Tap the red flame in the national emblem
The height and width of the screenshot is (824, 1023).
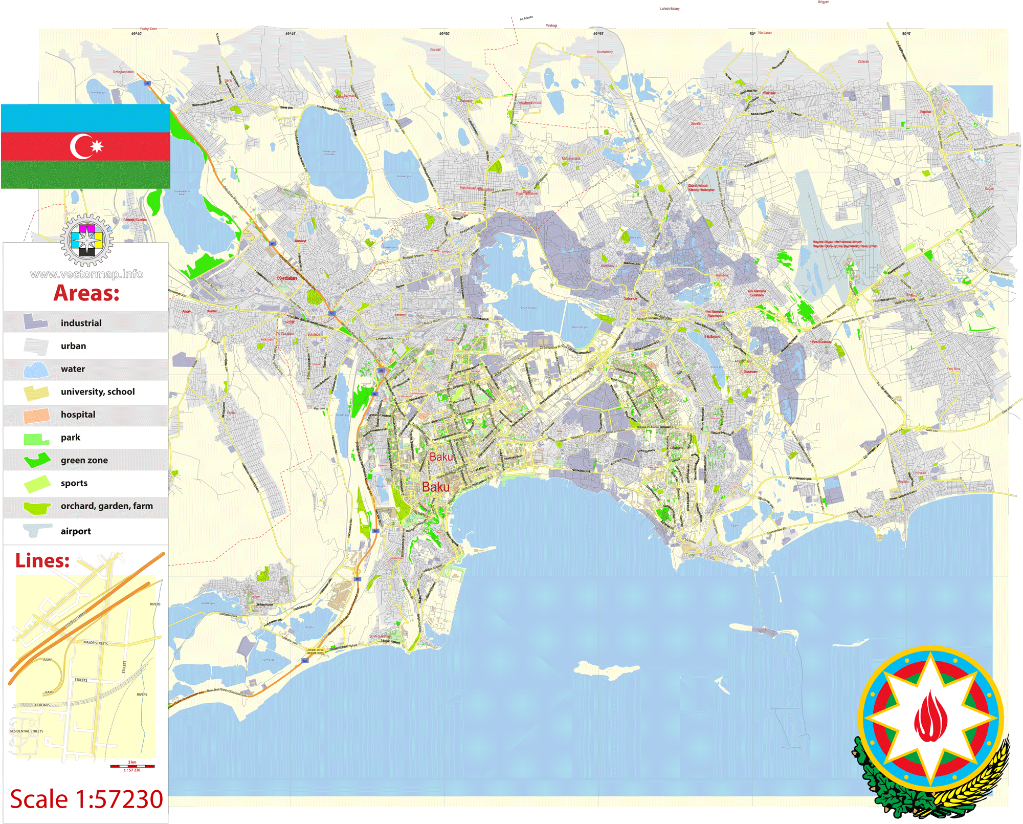[930, 717]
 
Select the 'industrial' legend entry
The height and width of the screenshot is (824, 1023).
[81, 323]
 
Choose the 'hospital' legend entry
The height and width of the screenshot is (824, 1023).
[78, 415]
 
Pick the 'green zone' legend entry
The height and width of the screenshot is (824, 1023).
[84, 460]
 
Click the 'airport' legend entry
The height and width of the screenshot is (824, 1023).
[76, 531]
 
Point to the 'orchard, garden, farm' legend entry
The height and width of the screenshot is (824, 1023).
[106, 506]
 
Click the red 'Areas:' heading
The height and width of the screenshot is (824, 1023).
[86, 293]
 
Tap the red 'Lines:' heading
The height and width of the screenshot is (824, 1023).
[42, 561]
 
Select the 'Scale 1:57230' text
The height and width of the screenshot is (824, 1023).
[86, 799]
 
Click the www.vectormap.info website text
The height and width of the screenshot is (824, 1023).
[86, 274]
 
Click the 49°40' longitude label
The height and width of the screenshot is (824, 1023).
[137, 34]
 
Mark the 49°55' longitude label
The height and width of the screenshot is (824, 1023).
[598, 34]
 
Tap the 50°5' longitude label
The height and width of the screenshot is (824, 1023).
[906, 34]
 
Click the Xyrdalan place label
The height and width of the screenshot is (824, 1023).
[287, 278]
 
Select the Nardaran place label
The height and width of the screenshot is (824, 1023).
[765, 33]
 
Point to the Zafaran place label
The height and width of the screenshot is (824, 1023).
[863, 61]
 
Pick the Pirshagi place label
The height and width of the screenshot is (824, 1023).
[551, 26]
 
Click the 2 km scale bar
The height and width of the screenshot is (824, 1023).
[132, 766]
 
